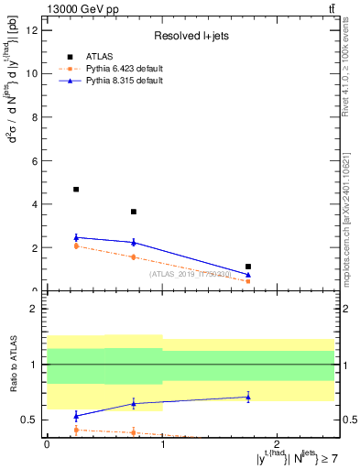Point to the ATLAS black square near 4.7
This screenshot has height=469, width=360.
click(x=76, y=190)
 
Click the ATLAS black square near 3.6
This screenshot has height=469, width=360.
click(x=134, y=212)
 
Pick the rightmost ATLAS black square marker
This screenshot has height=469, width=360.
click(x=248, y=267)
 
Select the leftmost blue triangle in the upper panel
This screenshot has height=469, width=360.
click(x=76, y=237)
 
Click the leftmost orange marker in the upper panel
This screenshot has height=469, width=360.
click(x=76, y=245)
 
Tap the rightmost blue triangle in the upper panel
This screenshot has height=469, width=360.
click(x=248, y=274)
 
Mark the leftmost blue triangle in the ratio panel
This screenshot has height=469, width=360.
click(x=76, y=416)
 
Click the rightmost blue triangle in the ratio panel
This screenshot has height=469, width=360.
click(x=248, y=397)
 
